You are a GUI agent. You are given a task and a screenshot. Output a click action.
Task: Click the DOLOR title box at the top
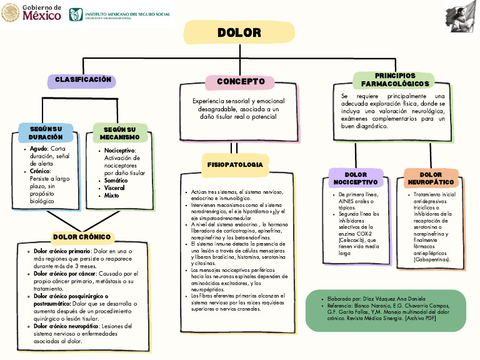coord(239,32)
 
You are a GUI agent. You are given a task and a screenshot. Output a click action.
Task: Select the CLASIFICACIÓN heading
coord(83,80)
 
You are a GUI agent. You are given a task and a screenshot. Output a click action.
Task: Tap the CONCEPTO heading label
coord(241,82)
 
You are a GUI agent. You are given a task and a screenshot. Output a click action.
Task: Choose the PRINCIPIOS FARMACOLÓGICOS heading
coord(395,80)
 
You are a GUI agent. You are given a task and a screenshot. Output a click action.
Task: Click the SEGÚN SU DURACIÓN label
coord(46,132)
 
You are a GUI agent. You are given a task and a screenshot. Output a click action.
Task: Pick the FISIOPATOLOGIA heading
coord(235,164)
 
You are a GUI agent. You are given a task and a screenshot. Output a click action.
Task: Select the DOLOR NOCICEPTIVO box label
coord(356,178)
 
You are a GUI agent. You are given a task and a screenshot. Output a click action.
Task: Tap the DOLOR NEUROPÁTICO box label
coord(431,178)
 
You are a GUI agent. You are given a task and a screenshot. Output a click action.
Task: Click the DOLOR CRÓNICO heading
coord(82,237)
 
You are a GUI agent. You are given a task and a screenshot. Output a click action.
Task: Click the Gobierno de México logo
coord(32,12)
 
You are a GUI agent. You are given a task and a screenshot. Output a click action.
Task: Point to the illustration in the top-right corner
coord(461,17)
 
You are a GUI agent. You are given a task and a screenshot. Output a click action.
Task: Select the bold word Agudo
coord(38,149)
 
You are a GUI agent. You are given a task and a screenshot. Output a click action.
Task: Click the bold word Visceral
coord(115,188)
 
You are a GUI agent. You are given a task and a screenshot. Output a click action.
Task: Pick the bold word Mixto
coord(112,196)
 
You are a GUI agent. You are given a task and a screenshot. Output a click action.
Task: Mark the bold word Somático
coord(116,181)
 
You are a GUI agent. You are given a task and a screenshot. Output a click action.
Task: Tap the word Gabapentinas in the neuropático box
coord(432,259)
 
